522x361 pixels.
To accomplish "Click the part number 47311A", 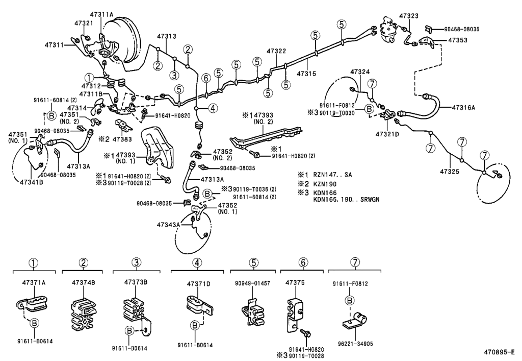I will pos(102,15).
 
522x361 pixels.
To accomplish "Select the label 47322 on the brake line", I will pos(276,51).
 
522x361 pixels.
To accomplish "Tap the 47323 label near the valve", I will pos(409,16).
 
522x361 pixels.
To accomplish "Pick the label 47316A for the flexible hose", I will pos(464,107).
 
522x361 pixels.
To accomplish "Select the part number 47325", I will pos(450,172).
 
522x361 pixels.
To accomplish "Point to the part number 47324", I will pos(360,71).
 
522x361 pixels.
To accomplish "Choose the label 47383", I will pos(122,139).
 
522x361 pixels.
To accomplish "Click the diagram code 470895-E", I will pos(500,352).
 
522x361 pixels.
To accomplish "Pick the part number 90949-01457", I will pos(253,282).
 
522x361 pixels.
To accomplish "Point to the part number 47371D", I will pos(198,283).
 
